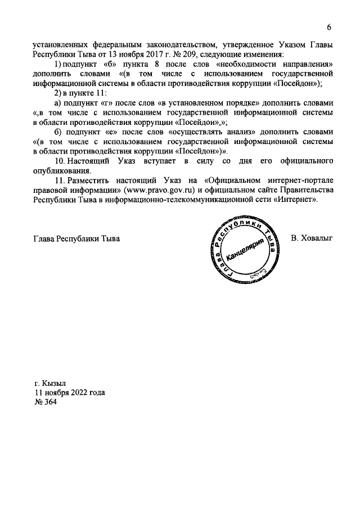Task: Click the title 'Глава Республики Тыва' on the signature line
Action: click(77, 238)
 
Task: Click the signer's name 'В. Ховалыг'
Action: click(312, 238)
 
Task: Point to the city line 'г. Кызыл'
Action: click(50, 383)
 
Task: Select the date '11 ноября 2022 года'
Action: click(70, 393)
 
